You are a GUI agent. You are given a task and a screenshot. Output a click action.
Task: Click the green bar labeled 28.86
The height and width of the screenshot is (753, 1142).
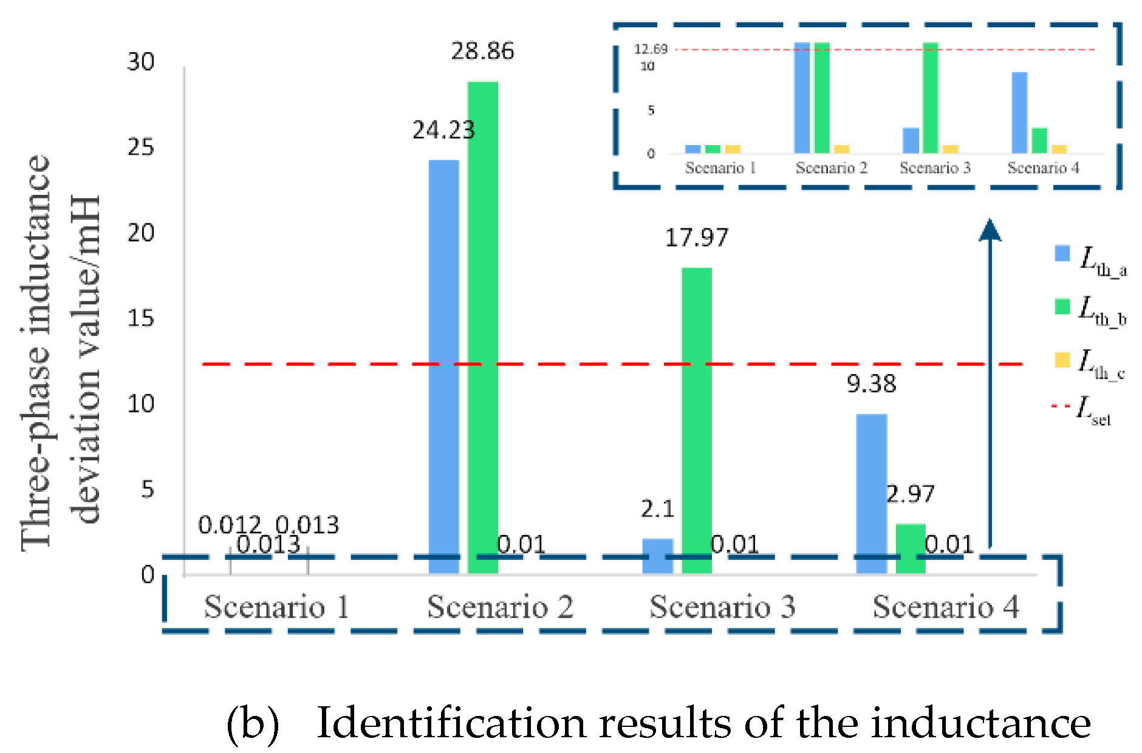point(483,328)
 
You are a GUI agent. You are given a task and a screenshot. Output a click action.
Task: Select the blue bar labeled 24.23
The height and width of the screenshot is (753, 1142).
point(444,364)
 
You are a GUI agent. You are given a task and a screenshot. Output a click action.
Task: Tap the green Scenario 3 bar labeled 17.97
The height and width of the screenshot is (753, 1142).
point(697,419)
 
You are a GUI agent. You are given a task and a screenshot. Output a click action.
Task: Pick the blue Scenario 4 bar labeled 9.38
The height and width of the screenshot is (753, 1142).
point(872,492)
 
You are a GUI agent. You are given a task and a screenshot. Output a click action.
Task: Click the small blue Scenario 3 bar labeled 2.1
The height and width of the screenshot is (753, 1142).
point(658,556)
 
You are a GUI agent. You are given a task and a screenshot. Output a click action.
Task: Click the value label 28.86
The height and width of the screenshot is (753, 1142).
point(482,51)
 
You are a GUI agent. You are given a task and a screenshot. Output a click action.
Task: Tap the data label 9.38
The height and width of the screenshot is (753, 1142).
point(871,384)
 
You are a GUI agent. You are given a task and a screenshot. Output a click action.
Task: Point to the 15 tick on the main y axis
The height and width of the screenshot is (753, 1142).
point(141,318)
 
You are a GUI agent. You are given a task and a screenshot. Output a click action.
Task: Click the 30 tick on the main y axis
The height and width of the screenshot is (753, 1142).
point(141,61)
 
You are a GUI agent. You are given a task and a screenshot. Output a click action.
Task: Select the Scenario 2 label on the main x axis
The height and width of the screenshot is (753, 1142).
point(500,607)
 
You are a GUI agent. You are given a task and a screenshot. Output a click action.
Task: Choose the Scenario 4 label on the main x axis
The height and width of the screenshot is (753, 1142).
point(946,607)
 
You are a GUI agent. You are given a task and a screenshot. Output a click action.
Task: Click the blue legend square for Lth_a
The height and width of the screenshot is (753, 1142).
point(1062,253)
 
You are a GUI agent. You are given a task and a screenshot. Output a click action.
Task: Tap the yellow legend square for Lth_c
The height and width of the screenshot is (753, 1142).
point(1062,359)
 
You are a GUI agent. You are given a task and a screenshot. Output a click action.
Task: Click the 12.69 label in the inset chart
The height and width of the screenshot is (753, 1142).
point(651,49)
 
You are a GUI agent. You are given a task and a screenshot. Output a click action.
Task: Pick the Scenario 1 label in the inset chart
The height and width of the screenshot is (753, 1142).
point(720,168)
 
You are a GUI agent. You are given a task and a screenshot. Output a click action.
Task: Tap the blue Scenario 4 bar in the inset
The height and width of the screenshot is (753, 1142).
point(1019,112)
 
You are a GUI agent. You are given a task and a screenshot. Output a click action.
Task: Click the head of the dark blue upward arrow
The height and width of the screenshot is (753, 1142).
point(990,231)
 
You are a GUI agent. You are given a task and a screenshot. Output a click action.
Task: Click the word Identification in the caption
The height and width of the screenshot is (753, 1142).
point(452,723)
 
